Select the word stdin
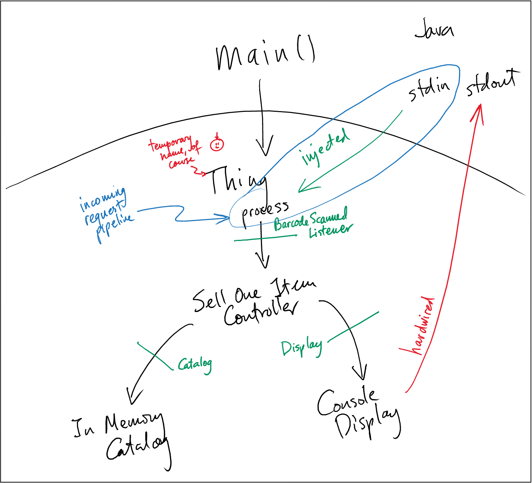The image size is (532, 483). pyautogui.click(x=429, y=89)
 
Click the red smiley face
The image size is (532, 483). pyautogui.click(x=217, y=144)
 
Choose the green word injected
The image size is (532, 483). pyautogui.click(x=325, y=148)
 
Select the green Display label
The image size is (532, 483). pyautogui.click(x=301, y=348)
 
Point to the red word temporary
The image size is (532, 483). pyautogui.click(x=170, y=143)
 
